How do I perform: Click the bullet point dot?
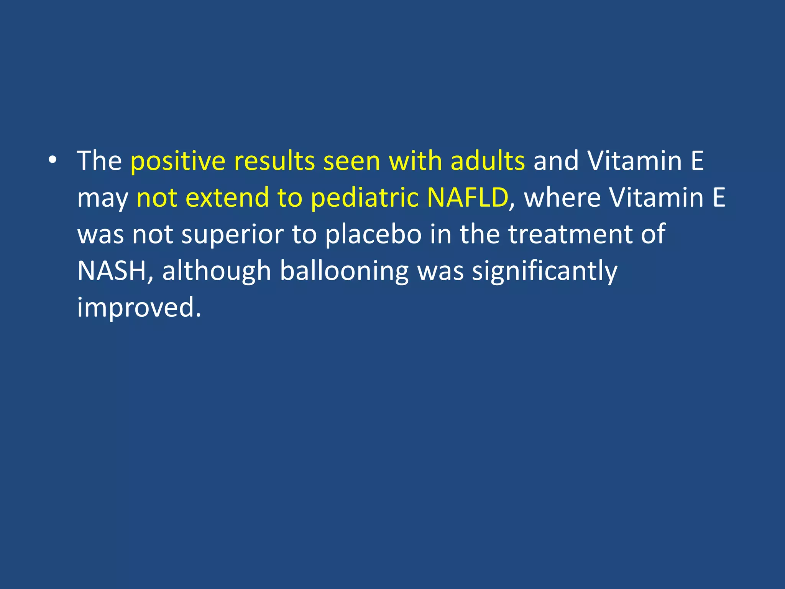click(x=53, y=160)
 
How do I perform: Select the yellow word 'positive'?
click(x=177, y=161)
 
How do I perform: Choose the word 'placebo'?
click(x=373, y=235)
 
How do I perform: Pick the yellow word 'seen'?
click(x=352, y=161)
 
